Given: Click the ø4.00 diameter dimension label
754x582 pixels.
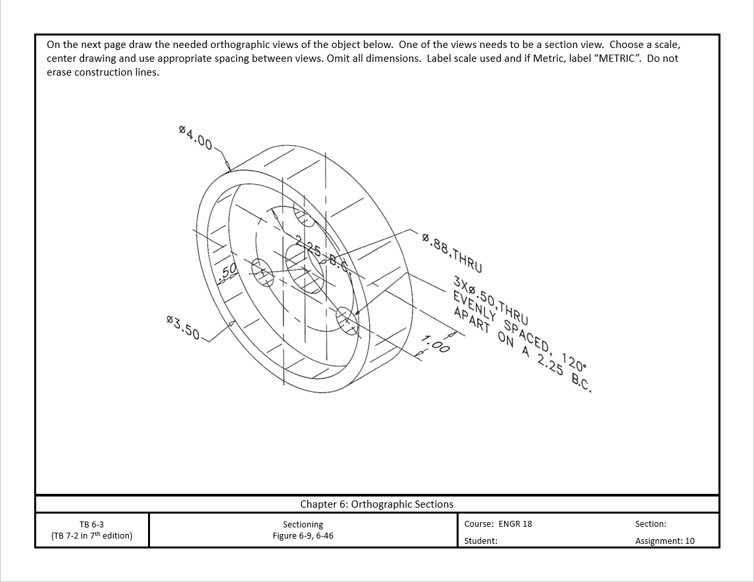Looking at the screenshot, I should (195, 138).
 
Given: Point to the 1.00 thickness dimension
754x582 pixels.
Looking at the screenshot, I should (436, 344).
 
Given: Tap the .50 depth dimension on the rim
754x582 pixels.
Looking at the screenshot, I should (228, 271).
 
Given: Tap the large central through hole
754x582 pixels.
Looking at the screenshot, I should (305, 269).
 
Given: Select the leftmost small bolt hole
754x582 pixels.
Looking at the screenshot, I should (262, 272).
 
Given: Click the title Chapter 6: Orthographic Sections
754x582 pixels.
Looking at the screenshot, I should (376, 504).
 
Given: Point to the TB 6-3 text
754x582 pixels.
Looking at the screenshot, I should (91, 524).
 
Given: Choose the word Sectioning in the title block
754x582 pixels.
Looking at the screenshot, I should (303, 524).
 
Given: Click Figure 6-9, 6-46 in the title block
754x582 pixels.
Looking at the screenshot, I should (303, 535).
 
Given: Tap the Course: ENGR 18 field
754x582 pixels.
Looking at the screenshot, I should (498, 524).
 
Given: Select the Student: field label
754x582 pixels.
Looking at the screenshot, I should (480, 541).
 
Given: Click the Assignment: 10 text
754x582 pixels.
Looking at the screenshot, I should (665, 541).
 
